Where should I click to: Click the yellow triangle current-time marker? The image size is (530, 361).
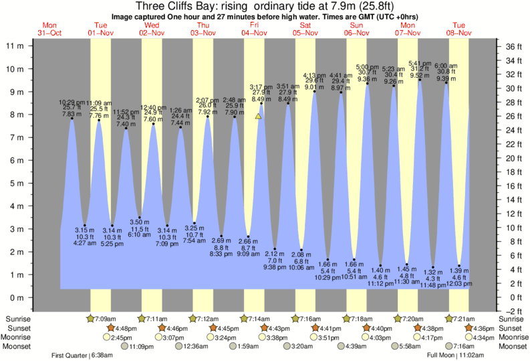pyautogui.click(x=258, y=116)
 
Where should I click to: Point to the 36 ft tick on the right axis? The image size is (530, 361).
pyautogui.click(x=511, y=46)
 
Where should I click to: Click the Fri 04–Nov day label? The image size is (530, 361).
pyautogui.click(x=255, y=29)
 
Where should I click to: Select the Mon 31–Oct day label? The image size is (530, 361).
pyautogui.click(x=50, y=29)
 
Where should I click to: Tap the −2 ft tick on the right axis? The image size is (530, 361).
pyautogui.click(x=511, y=311)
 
